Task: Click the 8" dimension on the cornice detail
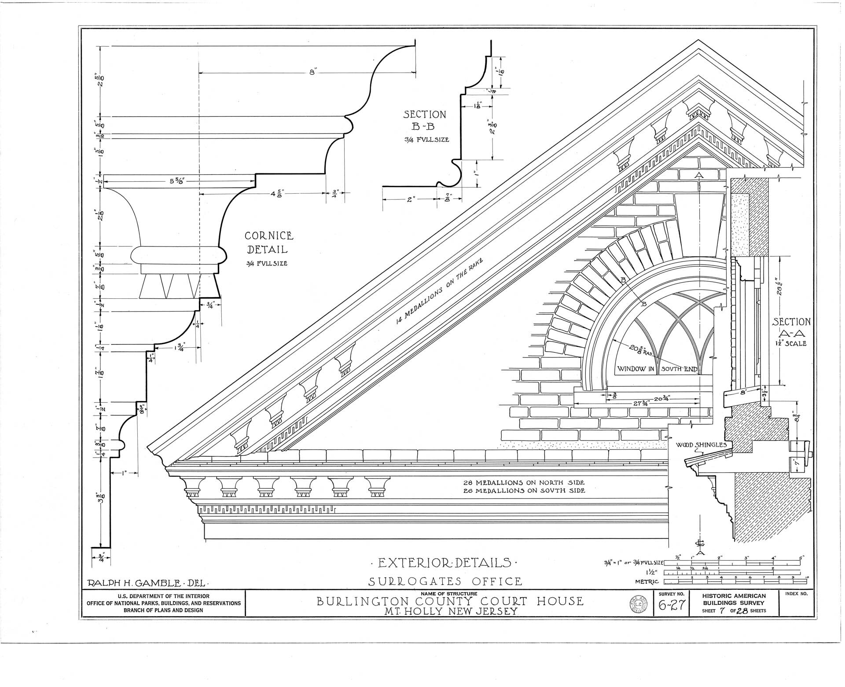click(313, 73)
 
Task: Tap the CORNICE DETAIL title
click(268, 242)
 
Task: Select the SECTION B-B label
click(424, 121)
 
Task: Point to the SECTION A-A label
click(791, 327)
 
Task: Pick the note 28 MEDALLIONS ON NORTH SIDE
click(524, 482)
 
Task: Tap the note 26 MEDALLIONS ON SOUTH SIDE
click(524, 490)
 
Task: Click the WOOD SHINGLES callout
click(701, 445)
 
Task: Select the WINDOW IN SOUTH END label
click(657, 369)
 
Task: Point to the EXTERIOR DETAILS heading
click(444, 563)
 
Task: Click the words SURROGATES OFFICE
click(445, 581)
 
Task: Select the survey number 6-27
click(671, 606)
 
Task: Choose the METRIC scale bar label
click(649, 582)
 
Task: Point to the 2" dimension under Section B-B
click(411, 199)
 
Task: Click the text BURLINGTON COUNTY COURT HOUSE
click(450, 601)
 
